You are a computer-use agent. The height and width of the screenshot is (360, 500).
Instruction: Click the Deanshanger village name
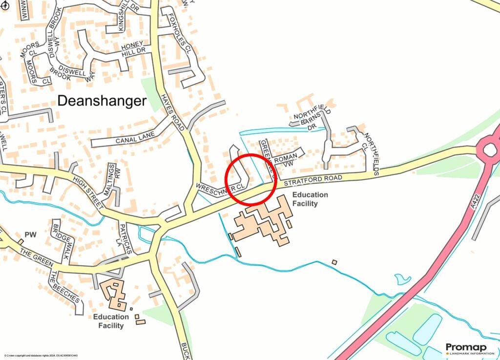(x=102, y=101)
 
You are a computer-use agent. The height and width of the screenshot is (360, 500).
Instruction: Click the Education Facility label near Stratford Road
(x=310, y=199)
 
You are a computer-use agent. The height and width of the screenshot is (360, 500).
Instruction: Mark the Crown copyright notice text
(x=41, y=356)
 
